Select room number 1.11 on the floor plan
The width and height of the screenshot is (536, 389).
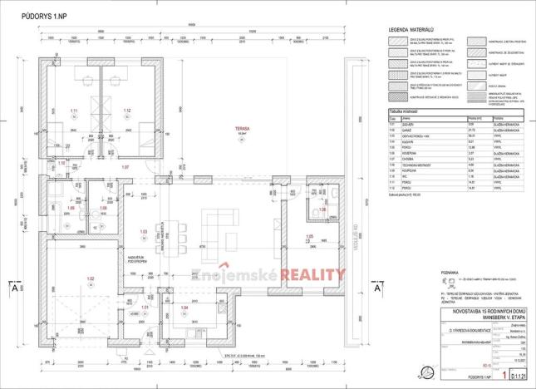tap(74, 111)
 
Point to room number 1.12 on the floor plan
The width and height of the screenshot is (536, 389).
tap(127, 111)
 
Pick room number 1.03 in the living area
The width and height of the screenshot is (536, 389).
tap(144, 231)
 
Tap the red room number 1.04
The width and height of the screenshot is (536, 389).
tap(184, 308)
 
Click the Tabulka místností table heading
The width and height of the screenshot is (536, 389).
tap(406, 111)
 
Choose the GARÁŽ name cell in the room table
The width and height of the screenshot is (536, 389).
tap(407, 130)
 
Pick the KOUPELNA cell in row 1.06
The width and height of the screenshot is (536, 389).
tap(410, 153)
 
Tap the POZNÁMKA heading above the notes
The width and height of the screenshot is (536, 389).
tap(401, 270)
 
